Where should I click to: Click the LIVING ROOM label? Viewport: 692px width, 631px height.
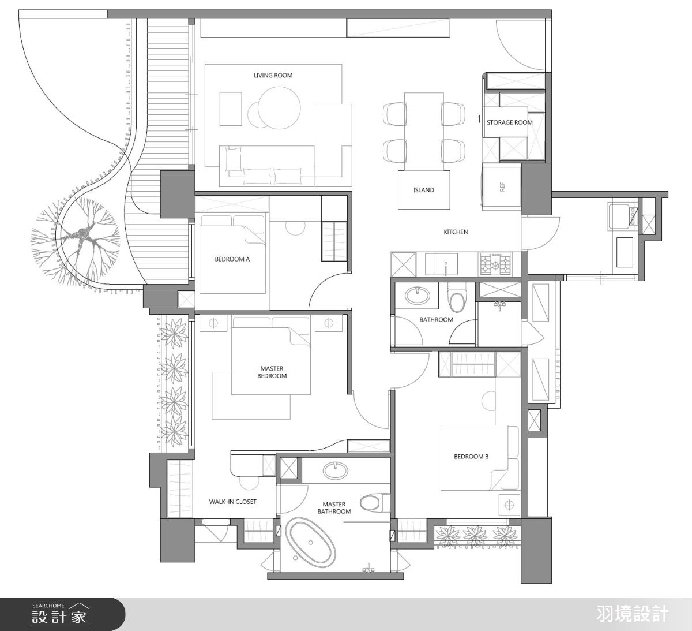click(x=273, y=75)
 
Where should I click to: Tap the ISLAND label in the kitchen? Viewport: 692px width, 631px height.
click(x=424, y=190)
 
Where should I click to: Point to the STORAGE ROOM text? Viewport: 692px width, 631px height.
click(x=510, y=122)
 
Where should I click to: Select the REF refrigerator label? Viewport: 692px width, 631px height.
click(x=502, y=187)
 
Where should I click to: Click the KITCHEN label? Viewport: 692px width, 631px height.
click(x=456, y=232)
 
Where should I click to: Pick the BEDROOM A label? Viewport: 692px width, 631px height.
click(x=232, y=259)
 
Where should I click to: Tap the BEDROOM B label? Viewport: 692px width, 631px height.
click(x=471, y=456)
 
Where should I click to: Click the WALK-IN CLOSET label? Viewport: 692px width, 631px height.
click(x=232, y=502)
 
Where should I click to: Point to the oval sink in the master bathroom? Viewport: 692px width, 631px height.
click(x=335, y=470)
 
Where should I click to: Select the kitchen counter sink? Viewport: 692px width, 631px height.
click(x=441, y=264)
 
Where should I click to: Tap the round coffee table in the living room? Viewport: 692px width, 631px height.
click(x=280, y=108)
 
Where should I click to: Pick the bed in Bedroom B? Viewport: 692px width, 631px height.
click(x=480, y=458)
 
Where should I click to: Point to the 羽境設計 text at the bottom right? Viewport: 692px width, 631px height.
click(x=633, y=614)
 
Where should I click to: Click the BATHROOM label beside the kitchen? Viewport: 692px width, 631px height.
click(x=436, y=319)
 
